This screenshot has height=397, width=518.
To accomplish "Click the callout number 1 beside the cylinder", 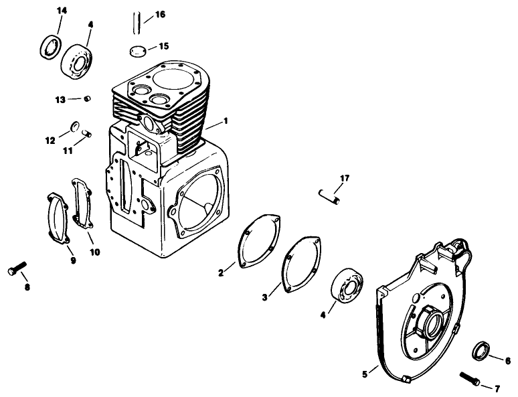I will coord(226,121).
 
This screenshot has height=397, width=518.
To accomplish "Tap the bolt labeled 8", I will coord(17,269).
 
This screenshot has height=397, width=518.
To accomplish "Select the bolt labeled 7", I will coord(469,379).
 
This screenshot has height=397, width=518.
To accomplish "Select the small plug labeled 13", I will coord(86,99).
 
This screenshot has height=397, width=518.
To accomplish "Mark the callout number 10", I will coord(94,252).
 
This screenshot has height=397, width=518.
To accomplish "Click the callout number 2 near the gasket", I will coord(221,272).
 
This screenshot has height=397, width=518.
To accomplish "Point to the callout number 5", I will coord(365,373).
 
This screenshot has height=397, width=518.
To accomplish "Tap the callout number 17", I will coord(345,178).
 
